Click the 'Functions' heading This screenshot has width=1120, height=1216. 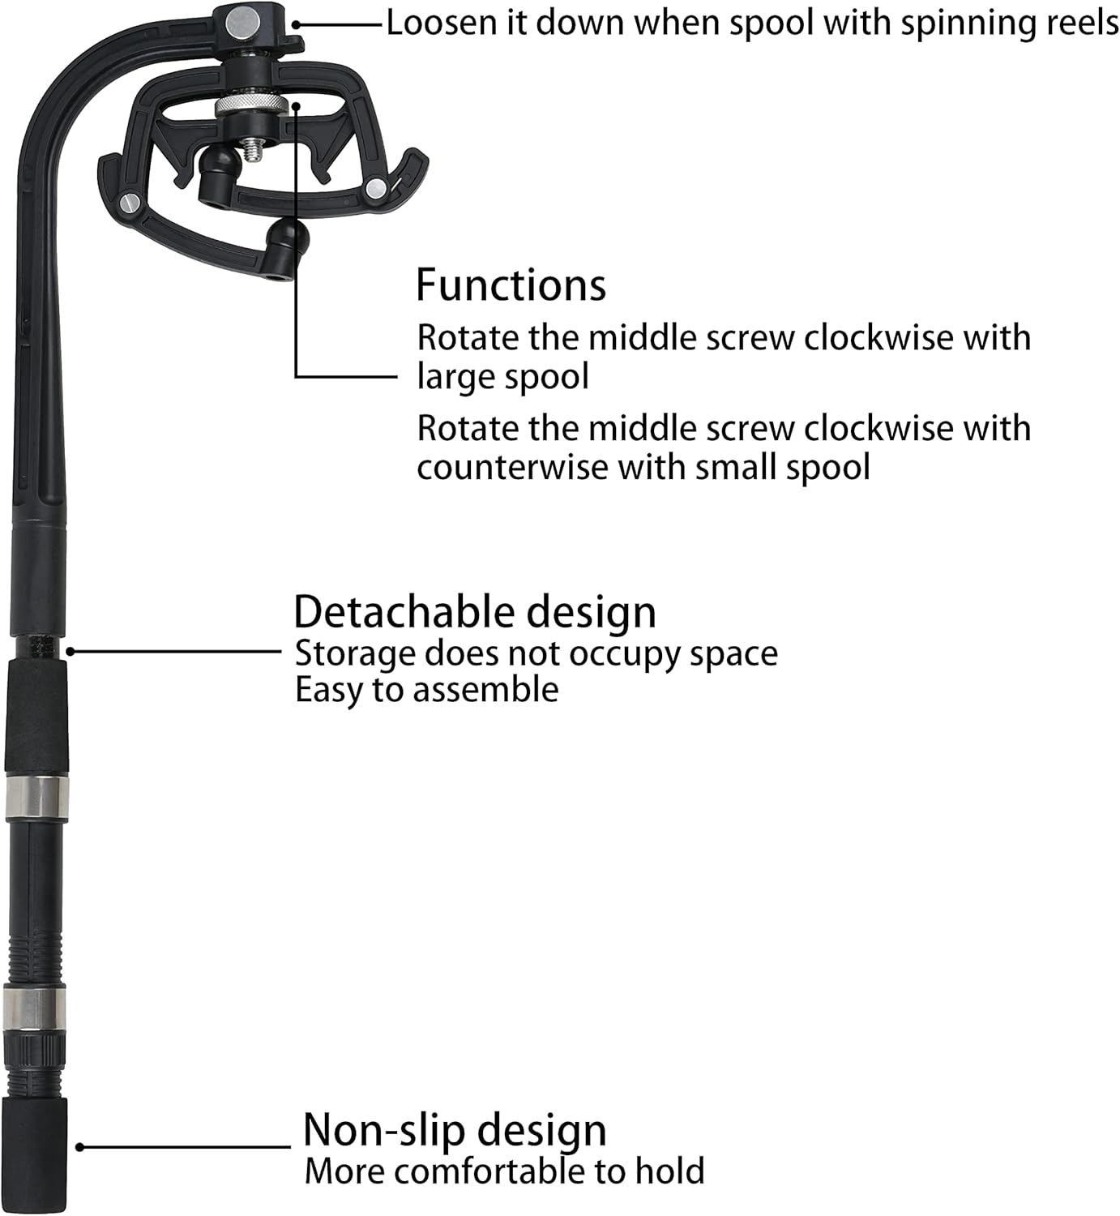511,285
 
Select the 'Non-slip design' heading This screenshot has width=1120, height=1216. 455,1130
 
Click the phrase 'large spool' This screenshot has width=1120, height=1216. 503,376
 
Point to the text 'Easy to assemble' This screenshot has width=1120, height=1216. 426,690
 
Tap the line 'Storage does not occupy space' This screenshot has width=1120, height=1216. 536,653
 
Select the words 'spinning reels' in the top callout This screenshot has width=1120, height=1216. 1009,24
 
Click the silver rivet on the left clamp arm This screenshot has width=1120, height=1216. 131,203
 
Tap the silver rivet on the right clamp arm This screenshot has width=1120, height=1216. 376,186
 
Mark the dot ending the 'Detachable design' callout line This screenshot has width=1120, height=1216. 71,652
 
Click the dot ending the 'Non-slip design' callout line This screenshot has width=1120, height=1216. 80,1147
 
